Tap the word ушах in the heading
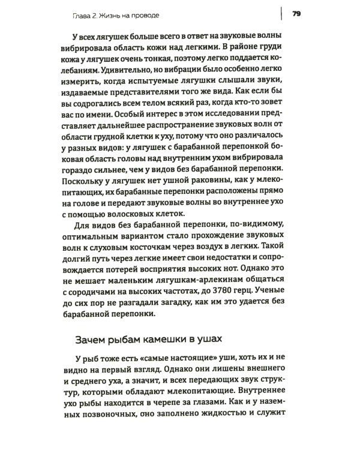pos(215,339)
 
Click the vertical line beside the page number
pos(281,13)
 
